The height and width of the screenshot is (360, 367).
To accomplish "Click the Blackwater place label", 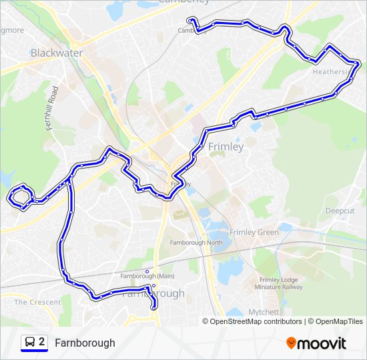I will (x=57, y=53).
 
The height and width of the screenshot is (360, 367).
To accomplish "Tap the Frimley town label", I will (x=226, y=147).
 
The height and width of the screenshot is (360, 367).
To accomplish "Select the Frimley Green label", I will (x=254, y=233).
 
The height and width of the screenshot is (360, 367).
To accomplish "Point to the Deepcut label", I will (x=340, y=211).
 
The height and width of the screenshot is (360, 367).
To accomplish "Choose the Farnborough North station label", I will (x=196, y=243).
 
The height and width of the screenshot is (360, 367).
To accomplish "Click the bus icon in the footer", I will (x=30, y=343).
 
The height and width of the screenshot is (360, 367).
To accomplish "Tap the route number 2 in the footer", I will (x=42, y=342).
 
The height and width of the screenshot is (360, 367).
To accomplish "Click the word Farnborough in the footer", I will (x=85, y=343).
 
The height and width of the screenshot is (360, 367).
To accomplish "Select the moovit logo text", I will (x=322, y=343).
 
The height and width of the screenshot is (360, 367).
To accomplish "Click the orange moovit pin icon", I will (x=292, y=343).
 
